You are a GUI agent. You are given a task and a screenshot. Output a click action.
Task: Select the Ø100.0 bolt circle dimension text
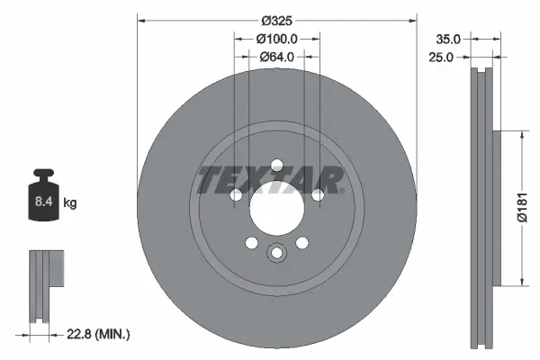click(x=277, y=39)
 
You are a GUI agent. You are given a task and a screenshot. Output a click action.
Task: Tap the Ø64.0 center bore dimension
click(x=277, y=58)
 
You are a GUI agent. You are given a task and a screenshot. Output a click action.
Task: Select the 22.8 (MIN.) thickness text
click(x=101, y=335)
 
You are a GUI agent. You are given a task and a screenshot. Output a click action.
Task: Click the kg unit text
click(x=70, y=203)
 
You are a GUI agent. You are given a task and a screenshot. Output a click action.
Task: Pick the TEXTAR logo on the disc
click(x=270, y=180)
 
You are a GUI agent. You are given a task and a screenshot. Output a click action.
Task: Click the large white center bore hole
click(x=276, y=209)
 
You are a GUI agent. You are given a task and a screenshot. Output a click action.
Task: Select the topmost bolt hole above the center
click(x=276, y=164)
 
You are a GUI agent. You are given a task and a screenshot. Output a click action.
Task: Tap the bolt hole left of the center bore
click(x=235, y=195)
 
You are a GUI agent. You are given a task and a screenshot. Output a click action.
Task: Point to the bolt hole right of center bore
click(x=318, y=195)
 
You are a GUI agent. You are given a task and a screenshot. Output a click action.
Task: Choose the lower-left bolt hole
click(x=251, y=242)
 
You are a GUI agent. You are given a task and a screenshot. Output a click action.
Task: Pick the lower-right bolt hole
click(x=301, y=242)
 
